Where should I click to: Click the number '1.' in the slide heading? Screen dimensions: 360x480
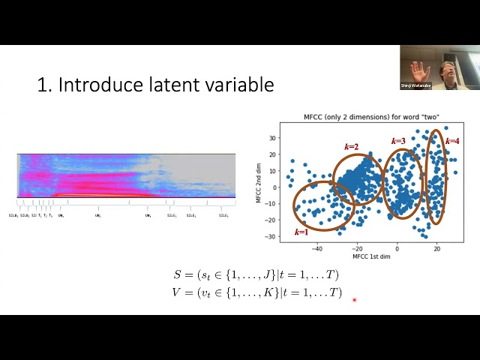point(44,85)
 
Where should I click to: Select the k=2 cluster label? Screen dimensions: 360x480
point(351,146)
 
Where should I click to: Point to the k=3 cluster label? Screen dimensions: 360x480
point(398,141)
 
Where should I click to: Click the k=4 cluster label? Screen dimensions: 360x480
point(452,141)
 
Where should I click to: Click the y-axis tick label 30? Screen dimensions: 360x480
point(272,139)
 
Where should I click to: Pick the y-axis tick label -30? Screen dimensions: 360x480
point(271,236)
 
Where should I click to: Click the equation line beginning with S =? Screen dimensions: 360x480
point(256,275)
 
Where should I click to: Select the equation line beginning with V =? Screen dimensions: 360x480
point(256,292)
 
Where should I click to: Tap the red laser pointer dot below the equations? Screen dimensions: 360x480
point(354,300)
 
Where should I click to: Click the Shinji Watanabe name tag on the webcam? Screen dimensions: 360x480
point(416,85)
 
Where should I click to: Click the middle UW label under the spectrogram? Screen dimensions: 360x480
point(97,216)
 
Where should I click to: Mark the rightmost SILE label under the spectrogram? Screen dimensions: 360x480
point(223,216)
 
